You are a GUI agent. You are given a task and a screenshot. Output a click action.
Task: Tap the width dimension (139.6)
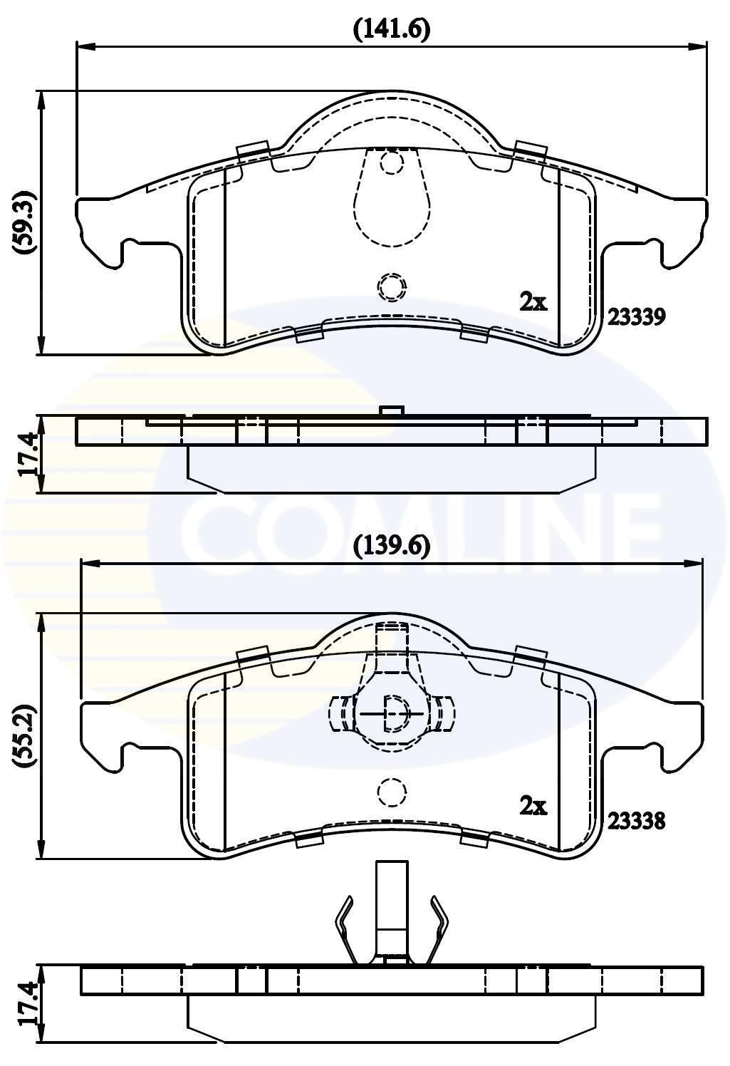pyautogui.click(x=392, y=547)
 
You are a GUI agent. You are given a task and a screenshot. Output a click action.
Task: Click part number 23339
pyautogui.click(x=636, y=316)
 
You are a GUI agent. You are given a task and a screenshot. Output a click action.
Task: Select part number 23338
pyautogui.click(x=636, y=821)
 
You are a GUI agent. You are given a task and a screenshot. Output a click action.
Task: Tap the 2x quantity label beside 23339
pyautogui.click(x=533, y=303)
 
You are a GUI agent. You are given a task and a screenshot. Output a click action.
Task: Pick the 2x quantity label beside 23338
pyautogui.click(x=533, y=807)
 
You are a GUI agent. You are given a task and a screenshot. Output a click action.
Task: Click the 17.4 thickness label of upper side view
pyautogui.click(x=26, y=455)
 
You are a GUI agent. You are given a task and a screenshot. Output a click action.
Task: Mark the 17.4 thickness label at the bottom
pyautogui.click(x=26, y=1003)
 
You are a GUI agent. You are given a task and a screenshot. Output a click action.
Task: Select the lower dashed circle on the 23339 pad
pyautogui.click(x=391, y=286)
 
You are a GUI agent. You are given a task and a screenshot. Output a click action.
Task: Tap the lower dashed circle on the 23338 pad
pyautogui.click(x=390, y=792)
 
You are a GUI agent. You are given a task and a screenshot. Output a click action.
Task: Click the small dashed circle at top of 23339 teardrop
pyautogui.click(x=391, y=163)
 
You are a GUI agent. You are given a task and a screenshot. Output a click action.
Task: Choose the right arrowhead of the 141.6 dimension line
pyautogui.click(x=699, y=47)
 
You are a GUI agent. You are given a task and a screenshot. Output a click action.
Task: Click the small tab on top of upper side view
pyautogui.click(x=392, y=410)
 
